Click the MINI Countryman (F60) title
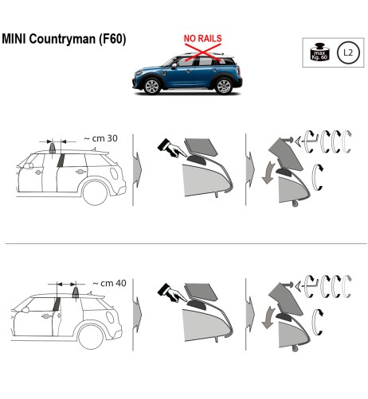[x=64, y=39]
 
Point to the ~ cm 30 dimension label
[x=100, y=138]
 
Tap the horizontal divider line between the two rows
[x=184, y=243]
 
